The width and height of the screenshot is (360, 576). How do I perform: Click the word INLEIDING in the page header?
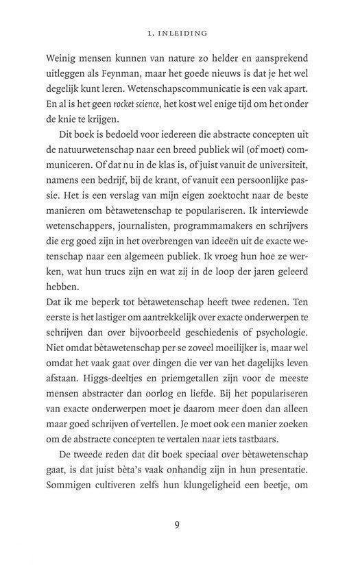click(187, 32)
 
